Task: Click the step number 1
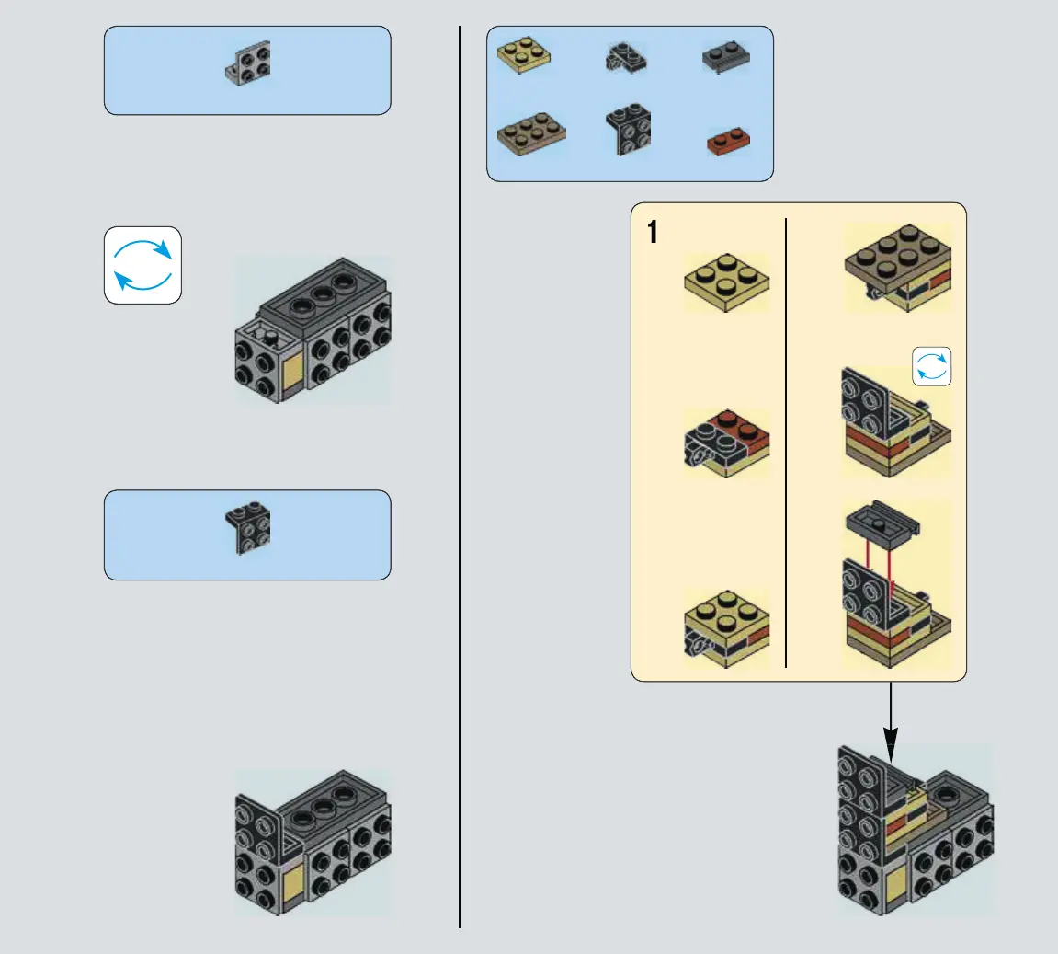coord(653,232)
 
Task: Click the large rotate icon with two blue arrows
coord(142,265)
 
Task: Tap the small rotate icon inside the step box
coord(931,366)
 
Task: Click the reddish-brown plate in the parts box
coord(728,142)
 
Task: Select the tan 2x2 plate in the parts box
coord(524,55)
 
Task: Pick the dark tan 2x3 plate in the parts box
coord(531,134)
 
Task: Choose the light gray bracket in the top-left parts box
coord(248,63)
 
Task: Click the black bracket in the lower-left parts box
coord(248,528)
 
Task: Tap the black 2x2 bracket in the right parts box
coord(629,129)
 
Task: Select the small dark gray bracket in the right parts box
coord(625,58)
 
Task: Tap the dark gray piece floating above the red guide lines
coord(882,523)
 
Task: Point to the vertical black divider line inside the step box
coord(787,442)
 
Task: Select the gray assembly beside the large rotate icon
coord(313,331)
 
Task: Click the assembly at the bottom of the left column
coord(313,843)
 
